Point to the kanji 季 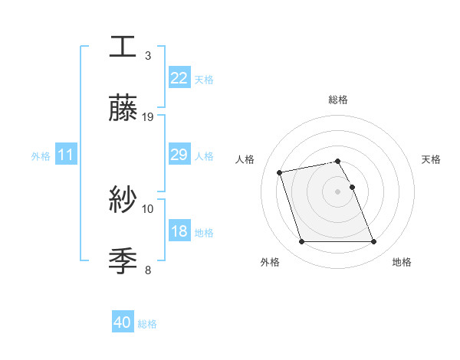point(123,260)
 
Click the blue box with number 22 point(179,77)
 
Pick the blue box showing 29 point(179,155)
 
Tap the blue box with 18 point(179,231)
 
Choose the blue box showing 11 point(66,155)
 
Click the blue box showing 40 point(123,322)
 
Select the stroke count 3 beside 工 point(148,56)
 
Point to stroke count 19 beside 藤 point(148,117)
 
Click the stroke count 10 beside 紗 point(148,208)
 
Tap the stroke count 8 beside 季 point(148,270)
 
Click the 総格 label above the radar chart point(338,100)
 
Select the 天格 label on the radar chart point(431,159)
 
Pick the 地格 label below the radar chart point(402,262)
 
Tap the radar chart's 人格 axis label point(245,159)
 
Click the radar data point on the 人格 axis point(280,172)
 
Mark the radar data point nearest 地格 point(373,242)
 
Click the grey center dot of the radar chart point(338,191)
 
